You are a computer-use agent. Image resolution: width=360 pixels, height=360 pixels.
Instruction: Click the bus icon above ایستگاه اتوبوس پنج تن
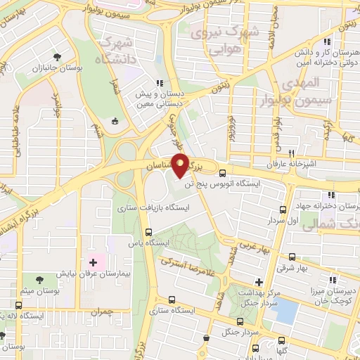222,173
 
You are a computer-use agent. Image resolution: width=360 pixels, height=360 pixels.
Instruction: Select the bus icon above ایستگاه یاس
148,231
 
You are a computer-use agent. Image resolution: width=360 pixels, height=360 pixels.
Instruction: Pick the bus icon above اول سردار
283,210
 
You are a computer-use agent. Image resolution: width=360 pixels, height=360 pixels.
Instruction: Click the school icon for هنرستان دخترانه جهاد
328,195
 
